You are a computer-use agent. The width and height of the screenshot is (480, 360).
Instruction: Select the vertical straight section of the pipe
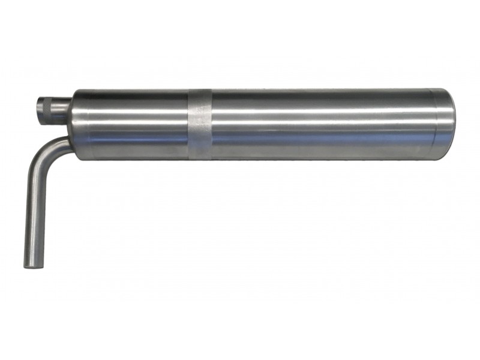coord(33,210)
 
